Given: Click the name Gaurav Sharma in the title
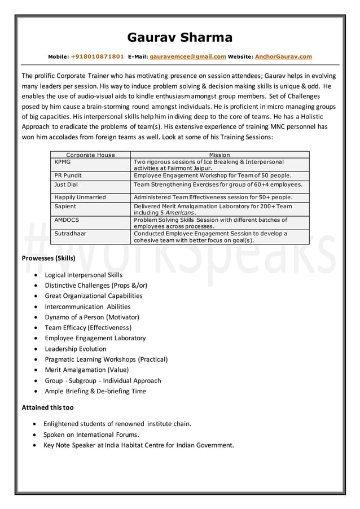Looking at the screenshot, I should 179,38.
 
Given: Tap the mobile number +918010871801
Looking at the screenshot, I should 97,57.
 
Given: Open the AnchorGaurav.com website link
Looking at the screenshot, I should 283,57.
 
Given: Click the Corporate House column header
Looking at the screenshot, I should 90,155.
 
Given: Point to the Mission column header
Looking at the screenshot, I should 219,155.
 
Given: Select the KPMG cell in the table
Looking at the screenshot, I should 63,162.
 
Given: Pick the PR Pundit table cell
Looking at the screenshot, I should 68,176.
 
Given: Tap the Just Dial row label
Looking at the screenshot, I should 66,185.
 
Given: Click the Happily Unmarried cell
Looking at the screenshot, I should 80,198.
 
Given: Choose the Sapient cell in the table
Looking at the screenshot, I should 65,207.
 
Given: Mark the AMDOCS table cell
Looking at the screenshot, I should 67,220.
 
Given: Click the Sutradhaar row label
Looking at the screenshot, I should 71,233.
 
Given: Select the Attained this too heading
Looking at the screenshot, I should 47,407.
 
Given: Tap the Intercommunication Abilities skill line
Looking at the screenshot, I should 87,306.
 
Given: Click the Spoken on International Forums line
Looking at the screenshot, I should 91,435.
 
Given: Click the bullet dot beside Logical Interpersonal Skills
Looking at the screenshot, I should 37,275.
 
